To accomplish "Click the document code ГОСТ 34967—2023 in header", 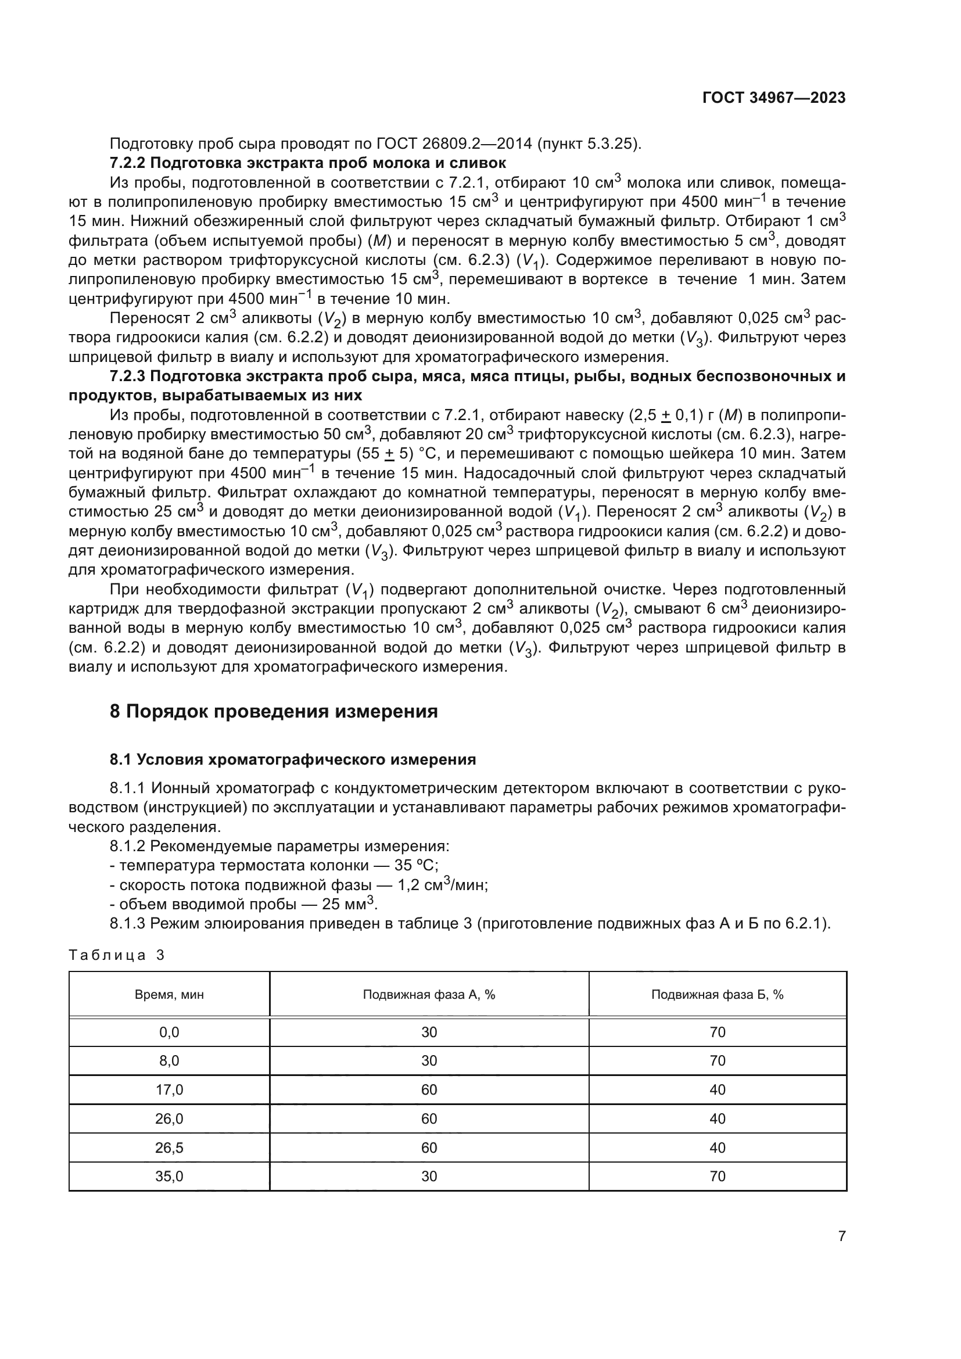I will (x=773, y=98).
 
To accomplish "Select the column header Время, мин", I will (x=169, y=995).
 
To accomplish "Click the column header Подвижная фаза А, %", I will (x=429, y=995).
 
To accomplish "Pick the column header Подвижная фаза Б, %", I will (x=717, y=995).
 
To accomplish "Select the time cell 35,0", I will (x=169, y=1177).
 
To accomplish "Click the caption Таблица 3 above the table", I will (x=117, y=955).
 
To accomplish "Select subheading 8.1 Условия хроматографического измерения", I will (x=293, y=759).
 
